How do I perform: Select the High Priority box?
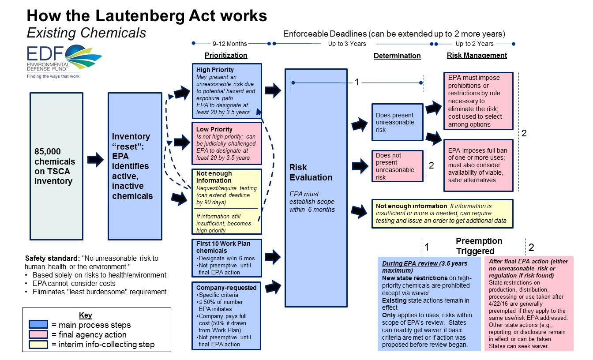(x=227, y=91)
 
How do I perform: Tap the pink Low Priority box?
(x=227, y=143)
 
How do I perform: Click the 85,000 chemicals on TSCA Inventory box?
(x=56, y=166)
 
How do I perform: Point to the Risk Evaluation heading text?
(x=311, y=172)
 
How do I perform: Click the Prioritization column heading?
(x=226, y=56)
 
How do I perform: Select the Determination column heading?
(x=397, y=56)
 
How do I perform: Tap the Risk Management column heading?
(x=477, y=56)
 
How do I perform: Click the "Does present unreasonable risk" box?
(x=397, y=122)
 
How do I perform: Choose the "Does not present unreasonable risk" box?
(x=397, y=166)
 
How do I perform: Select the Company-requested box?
(x=227, y=315)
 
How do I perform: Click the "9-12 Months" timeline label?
(x=229, y=44)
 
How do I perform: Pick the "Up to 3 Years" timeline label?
(x=347, y=44)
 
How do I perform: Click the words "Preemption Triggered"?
(x=479, y=246)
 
